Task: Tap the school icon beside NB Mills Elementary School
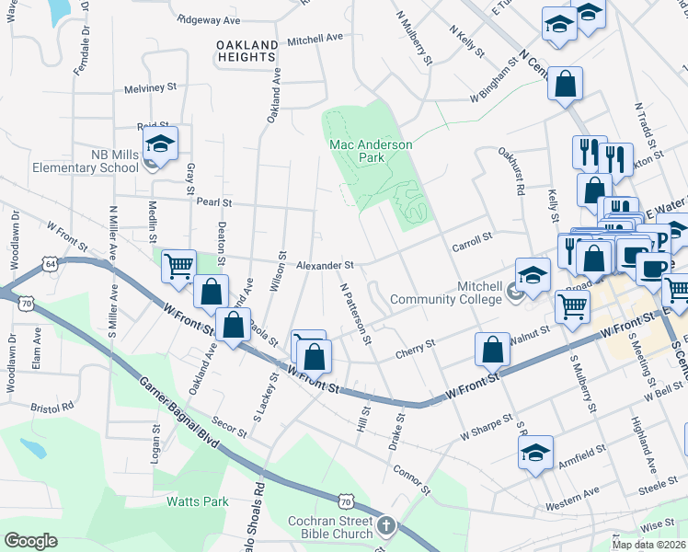tap(160, 145)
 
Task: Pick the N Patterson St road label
tap(355, 313)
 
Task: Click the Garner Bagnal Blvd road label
tap(178, 412)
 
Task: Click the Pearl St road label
tap(213, 201)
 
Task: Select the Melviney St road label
tap(150, 88)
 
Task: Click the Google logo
tap(30, 541)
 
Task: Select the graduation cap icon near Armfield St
tap(535, 453)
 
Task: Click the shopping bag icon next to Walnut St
tap(493, 350)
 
